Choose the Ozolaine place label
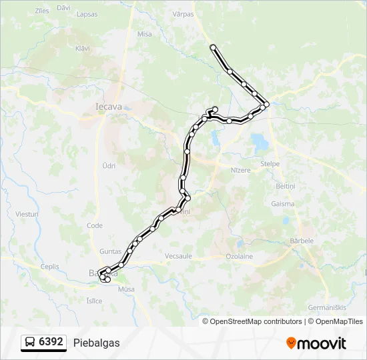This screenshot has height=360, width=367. click(239, 256)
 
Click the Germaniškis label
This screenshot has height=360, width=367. click(326, 307)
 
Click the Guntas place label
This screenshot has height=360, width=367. click(109, 251)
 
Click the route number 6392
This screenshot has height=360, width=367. click(51, 342)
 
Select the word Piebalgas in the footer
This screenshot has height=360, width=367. click(97, 343)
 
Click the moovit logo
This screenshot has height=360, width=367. click(316, 343)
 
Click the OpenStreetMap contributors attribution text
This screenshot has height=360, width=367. click(252, 321)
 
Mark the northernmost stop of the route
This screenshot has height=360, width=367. click(213, 47)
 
